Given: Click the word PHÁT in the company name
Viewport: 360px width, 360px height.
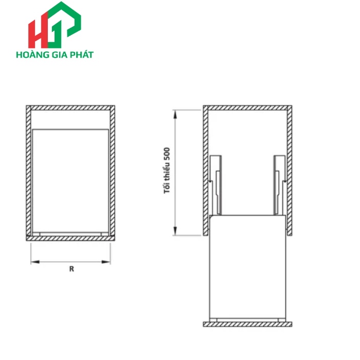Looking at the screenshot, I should click(82, 55).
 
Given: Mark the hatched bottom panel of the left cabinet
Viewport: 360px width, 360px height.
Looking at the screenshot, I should click(71, 238).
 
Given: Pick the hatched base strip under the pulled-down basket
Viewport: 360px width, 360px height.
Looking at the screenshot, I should click(248, 325).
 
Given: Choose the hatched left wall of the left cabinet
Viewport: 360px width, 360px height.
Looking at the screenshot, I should click(29, 172).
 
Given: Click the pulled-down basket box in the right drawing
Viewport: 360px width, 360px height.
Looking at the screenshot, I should click(248, 267).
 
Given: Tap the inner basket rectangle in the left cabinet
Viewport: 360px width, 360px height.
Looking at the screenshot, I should click(71, 180).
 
